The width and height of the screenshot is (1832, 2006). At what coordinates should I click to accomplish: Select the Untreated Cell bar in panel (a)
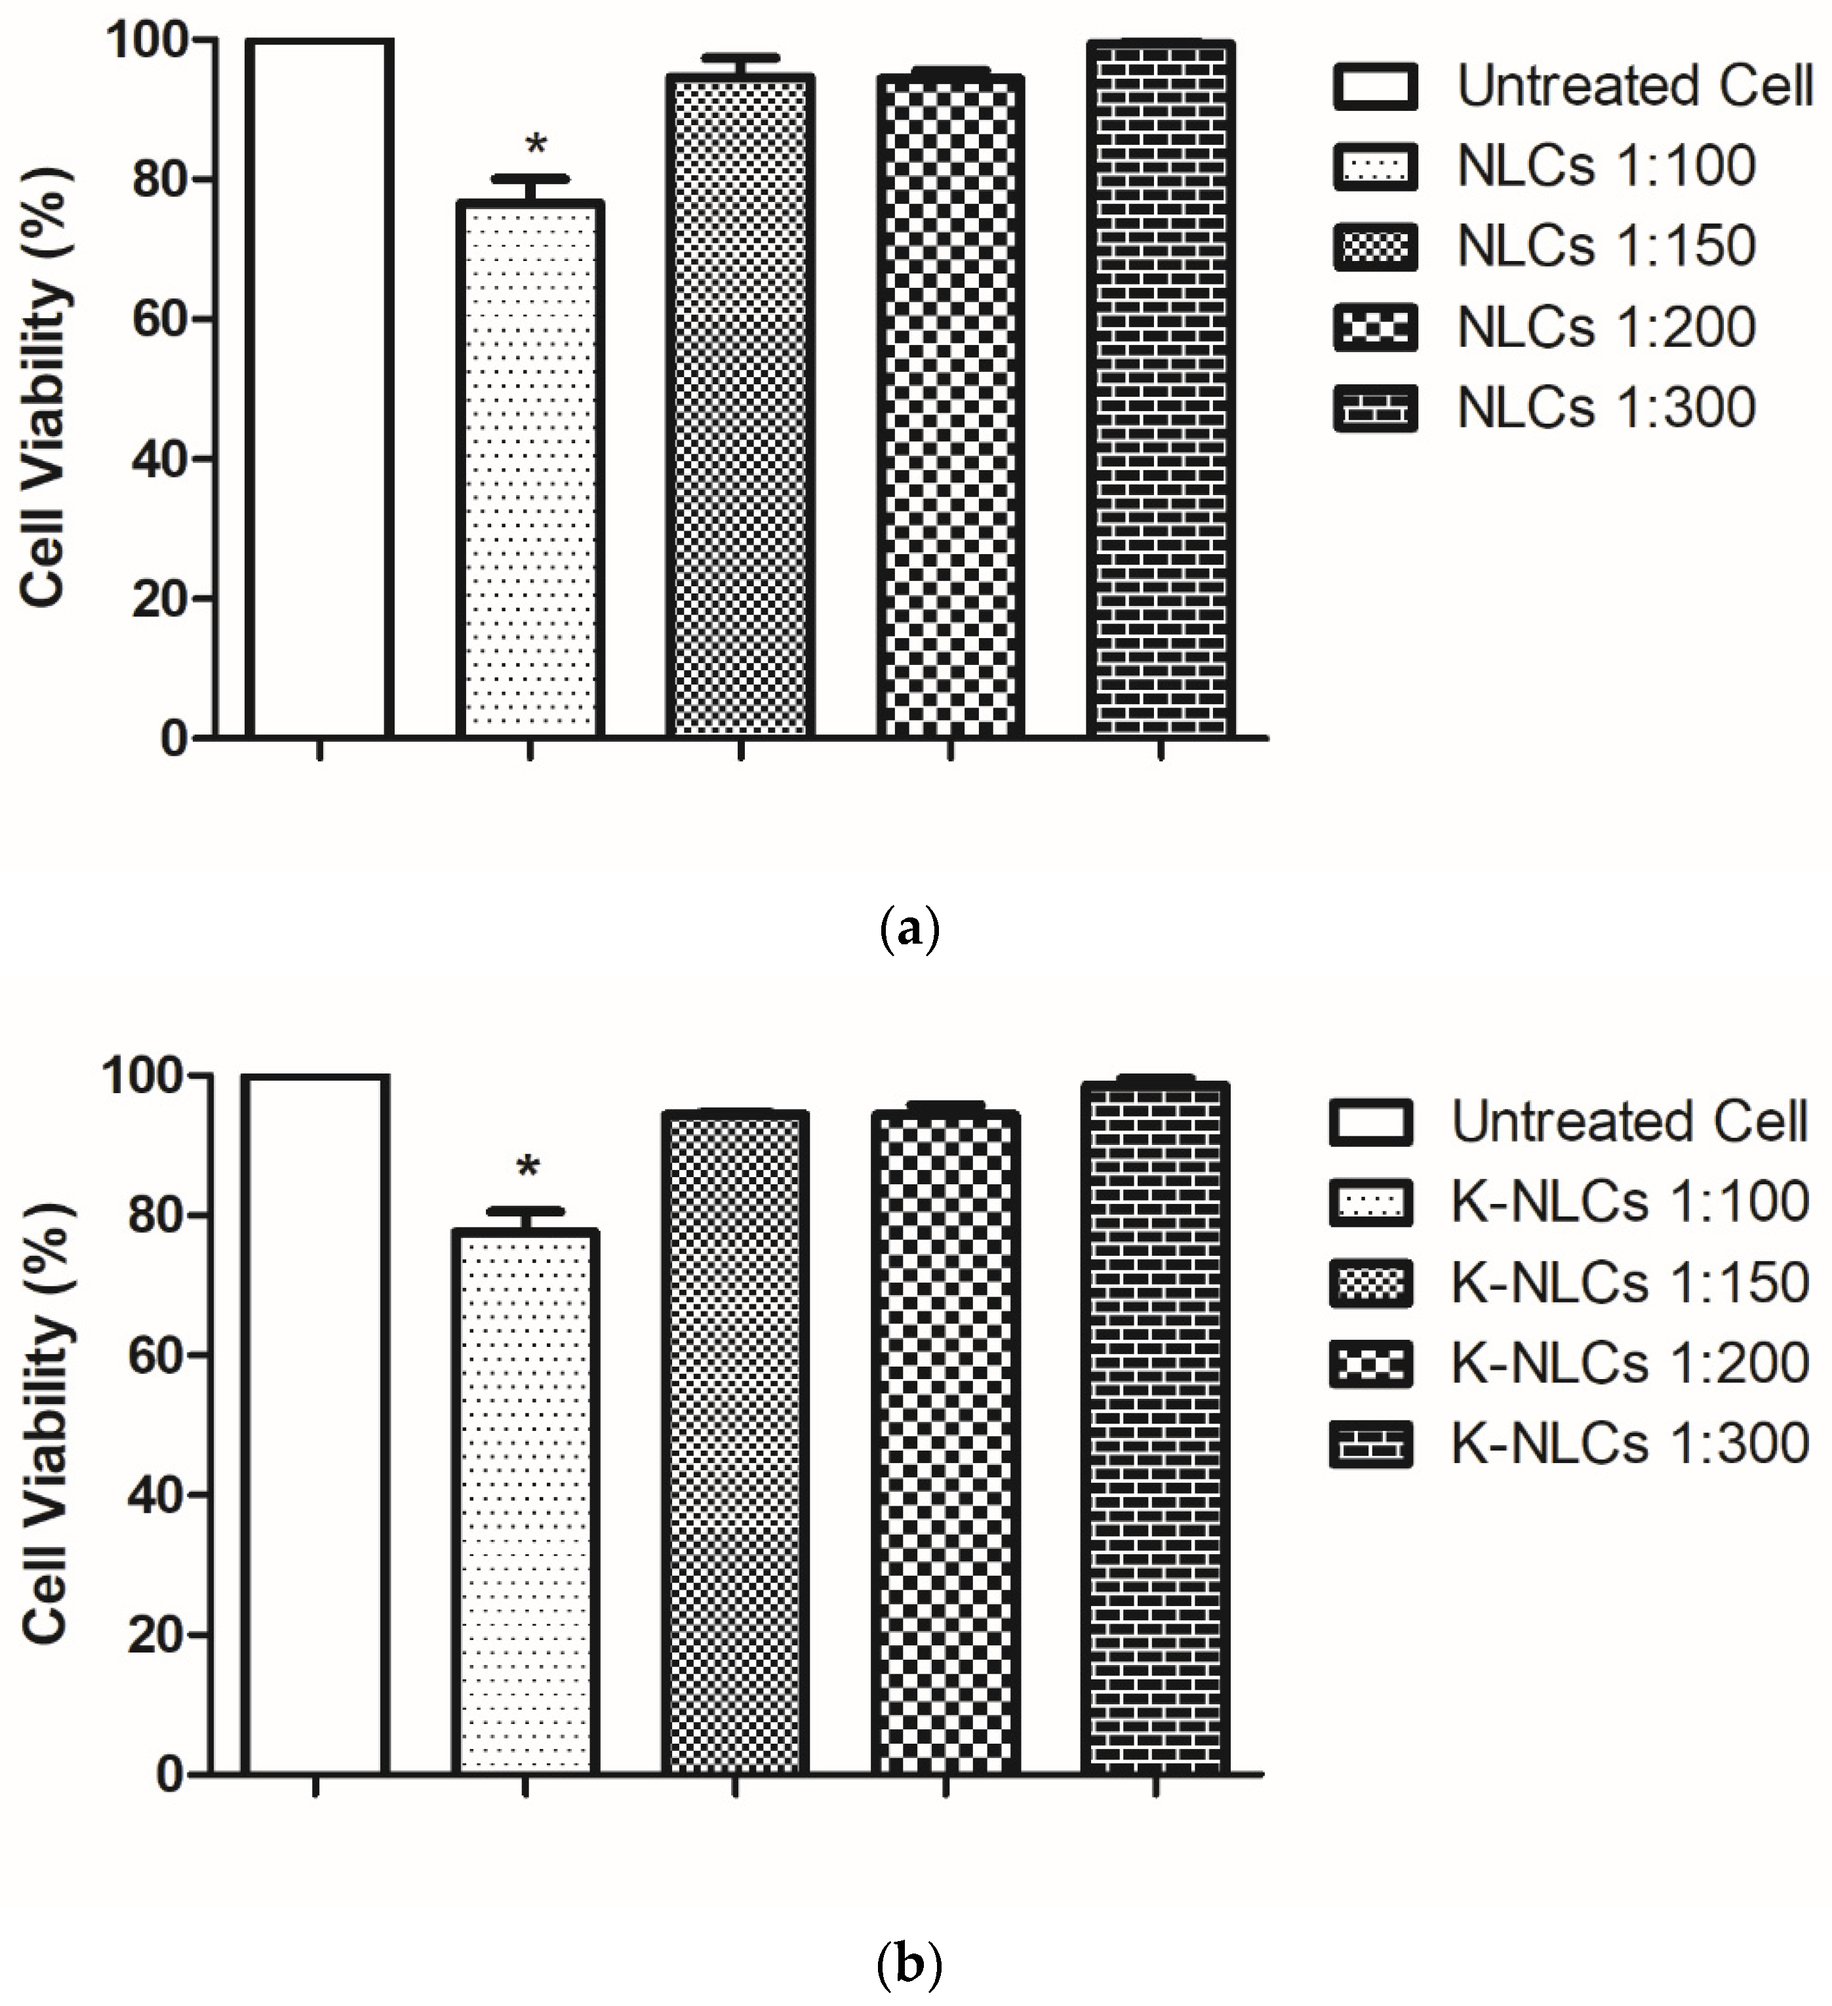tap(319, 388)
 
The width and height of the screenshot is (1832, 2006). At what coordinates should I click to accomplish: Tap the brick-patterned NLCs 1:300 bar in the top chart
tap(1161, 388)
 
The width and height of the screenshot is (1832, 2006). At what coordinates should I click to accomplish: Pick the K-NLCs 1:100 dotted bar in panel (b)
tap(525, 1502)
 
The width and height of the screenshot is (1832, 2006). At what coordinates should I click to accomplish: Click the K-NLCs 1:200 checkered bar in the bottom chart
tap(946, 1443)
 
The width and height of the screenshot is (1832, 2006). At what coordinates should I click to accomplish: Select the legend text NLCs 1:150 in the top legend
tap(1605, 246)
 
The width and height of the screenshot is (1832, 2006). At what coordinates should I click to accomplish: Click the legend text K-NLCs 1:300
tap(1629, 1444)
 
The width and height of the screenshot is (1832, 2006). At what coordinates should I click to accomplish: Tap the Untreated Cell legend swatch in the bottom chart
tap(1370, 1123)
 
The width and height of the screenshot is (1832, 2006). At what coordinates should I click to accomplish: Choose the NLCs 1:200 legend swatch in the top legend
tap(1375, 327)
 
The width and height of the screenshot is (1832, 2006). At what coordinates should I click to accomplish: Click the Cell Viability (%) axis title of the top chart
tap(44, 388)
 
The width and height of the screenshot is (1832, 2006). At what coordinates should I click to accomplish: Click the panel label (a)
tap(909, 929)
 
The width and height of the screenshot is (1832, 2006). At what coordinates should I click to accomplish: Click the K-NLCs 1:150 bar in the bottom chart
tap(734, 1443)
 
